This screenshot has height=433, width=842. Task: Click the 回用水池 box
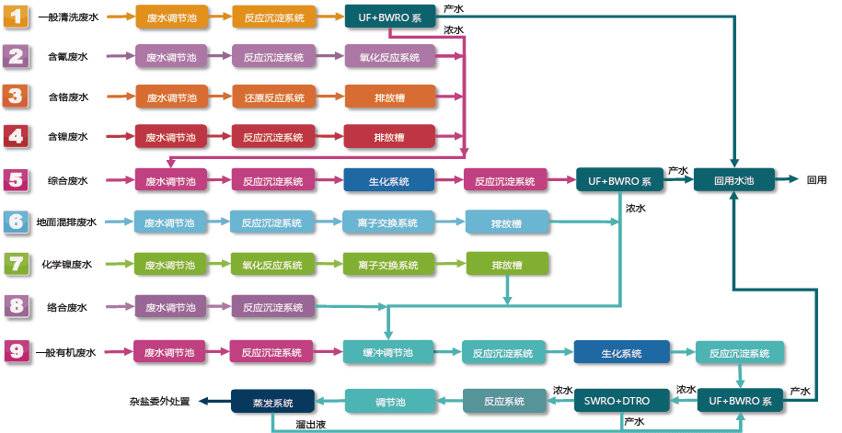[733, 181]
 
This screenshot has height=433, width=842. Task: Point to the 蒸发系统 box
[273, 402]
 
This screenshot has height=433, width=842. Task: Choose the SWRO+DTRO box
[617, 401]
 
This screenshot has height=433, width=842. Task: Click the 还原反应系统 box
[273, 97]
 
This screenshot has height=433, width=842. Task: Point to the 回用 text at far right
[816, 181]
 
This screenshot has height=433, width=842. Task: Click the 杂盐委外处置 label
[159, 402]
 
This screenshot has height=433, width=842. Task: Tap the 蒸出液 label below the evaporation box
[309, 424]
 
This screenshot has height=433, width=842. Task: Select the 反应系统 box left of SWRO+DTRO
[503, 401]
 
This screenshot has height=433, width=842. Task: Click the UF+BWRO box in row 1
[389, 17]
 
